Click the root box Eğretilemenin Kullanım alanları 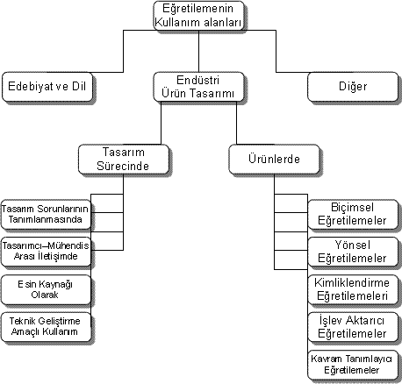click(x=198, y=16)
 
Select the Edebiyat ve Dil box click(x=47, y=87)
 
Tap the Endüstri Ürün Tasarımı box click(x=198, y=87)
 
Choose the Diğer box click(x=353, y=87)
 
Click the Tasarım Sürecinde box click(x=124, y=160)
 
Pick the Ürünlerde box click(x=274, y=160)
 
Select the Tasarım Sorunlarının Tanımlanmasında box click(x=46, y=215)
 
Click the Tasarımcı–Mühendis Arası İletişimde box click(x=46, y=252)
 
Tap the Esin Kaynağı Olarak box click(x=46, y=289)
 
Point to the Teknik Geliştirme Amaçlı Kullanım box click(x=46, y=327)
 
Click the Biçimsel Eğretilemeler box click(x=353, y=215)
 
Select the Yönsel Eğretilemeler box click(x=353, y=252)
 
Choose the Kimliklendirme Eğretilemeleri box click(x=353, y=289)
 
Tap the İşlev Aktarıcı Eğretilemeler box click(x=353, y=327)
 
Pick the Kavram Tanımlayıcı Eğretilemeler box click(x=353, y=365)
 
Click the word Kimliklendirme click(x=352, y=283)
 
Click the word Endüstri click(x=198, y=80)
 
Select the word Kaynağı click(x=55, y=284)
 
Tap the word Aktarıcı click(x=365, y=321)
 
